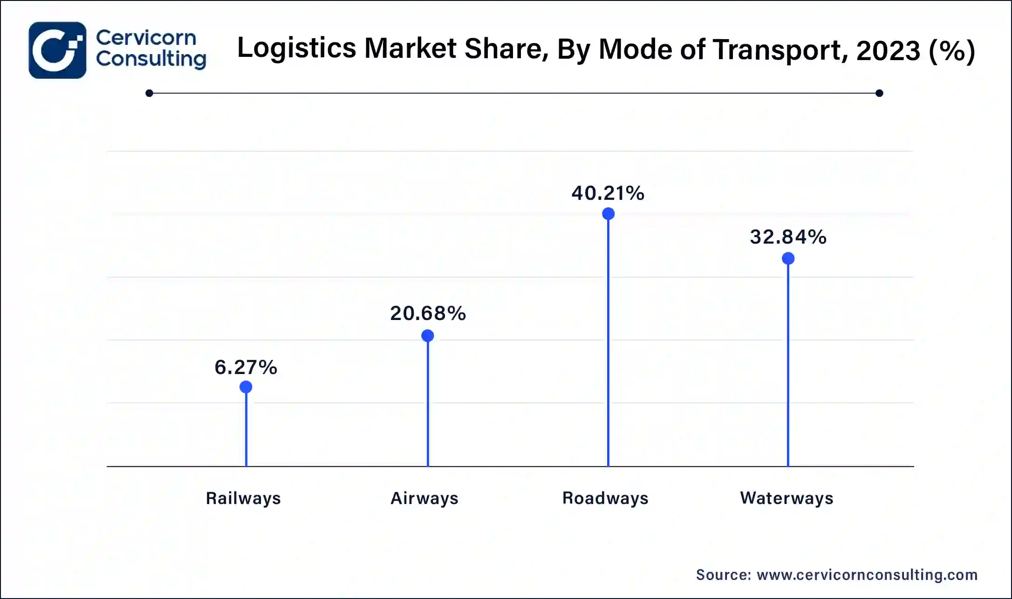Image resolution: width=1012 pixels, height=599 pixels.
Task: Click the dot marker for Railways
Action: (246, 387)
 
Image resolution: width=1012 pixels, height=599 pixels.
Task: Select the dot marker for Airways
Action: (428, 336)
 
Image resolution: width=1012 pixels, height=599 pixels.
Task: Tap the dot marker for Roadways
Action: (608, 214)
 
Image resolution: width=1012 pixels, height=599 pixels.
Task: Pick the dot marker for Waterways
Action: (788, 259)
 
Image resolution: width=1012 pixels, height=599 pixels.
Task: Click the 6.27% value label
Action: (246, 368)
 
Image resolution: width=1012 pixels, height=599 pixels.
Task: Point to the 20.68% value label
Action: (428, 313)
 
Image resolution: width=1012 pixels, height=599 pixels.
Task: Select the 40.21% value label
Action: (608, 193)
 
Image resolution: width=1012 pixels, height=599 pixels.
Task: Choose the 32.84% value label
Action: (788, 237)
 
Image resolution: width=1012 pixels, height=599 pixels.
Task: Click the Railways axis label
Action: (243, 498)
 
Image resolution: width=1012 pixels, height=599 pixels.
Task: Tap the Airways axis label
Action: (424, 498)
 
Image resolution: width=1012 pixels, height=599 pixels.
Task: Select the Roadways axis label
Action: (605, 498)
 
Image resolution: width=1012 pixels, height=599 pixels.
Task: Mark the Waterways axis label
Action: (786, 498)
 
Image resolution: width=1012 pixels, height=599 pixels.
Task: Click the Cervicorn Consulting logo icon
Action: (57, 50)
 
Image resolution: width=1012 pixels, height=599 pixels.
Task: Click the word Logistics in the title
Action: (297, 48)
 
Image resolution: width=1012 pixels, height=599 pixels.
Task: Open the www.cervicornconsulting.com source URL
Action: (867, 575)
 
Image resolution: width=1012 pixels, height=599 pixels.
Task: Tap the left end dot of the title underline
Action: (149, 93)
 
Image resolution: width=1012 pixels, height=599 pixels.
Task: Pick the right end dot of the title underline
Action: (879, 93)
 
